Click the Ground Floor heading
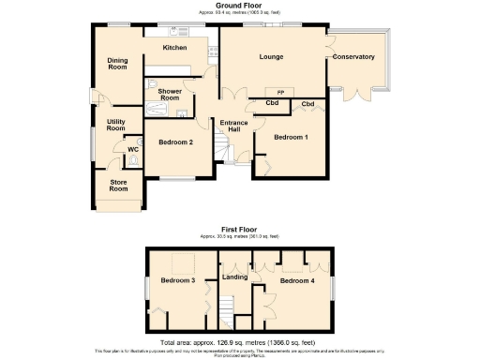(x=238, y=6)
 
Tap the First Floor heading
(x=239, y=229)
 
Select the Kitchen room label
(x=174, y=48)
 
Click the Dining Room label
(x=117, y=65)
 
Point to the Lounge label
(x=273, y=57)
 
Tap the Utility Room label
(x=116, y=126)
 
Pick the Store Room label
(x=118, y=186)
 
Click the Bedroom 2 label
(x=175, y=142)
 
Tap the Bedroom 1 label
(x=291, y=138)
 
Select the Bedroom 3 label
(x=178, y=281)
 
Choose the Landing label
(x=233, y=277)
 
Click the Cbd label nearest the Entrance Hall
(x=272, y=103)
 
